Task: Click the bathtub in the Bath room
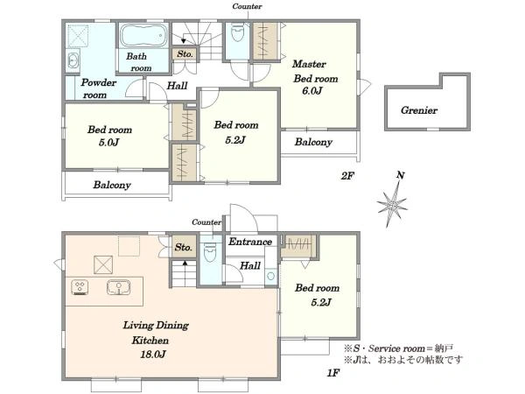pyautogui.click(x=143, y=35)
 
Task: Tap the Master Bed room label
pyautogui.click(x=315, y=71)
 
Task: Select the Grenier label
pyautogui.click(x=419, y=110)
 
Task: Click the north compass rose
pyautogui.click(x=392, y=204)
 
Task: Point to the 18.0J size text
pyautogui.click(x=152, y=354)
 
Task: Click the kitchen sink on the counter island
pyautogui.click(x=118, y=287)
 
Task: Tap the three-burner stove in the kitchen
pyautogui.click(x=80, y=287)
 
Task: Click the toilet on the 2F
pyautogui.click(x=237, y=32)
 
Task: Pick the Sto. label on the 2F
pyautogui.click(x=185, y=53)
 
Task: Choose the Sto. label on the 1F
pyautogui.click(x=183, y=247)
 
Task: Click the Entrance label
pyautogui.click(x=250, y=242)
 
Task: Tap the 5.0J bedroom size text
pyautogui.click(x=108, y=143)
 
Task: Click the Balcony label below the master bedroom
pyautogui.click(x=313, y=142)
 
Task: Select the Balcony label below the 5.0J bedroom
pyautogui.click(x=112, y=185)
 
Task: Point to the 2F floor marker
pyautogui.click(x=347, y=176)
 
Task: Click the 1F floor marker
pyautogui.click(x=333, y=373)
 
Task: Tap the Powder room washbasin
pyautogui.click(x=73, y=61)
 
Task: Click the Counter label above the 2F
pyautogui.click(x=247, y=6)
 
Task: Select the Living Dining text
pyautogui.click(x=156, y=326)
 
